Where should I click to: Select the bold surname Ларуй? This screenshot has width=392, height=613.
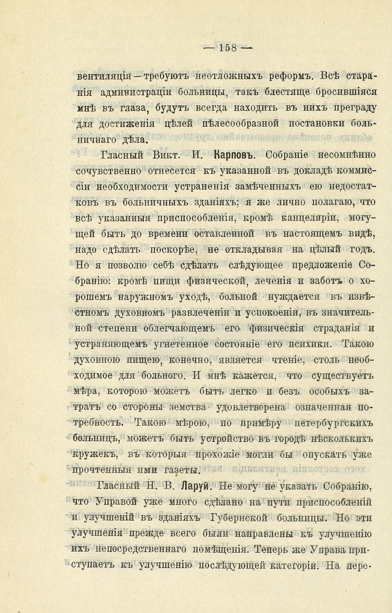coord(195,486)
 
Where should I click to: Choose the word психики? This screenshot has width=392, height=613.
coord(308,344)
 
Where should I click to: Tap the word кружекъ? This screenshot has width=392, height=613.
coord(94,455)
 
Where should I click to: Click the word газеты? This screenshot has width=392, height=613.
coord(180,470)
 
